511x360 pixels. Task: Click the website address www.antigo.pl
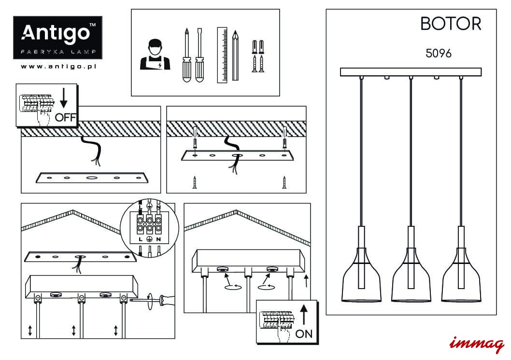click(58, 67)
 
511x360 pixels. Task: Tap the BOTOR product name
click(451, 24)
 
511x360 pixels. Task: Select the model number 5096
click(439, 53)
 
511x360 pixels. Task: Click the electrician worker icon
click(155, 55)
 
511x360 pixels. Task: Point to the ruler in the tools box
click(222, 55)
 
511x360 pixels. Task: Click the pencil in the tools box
click(235, 55)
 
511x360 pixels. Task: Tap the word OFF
click(66, 117)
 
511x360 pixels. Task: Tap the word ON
click(304, 333)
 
